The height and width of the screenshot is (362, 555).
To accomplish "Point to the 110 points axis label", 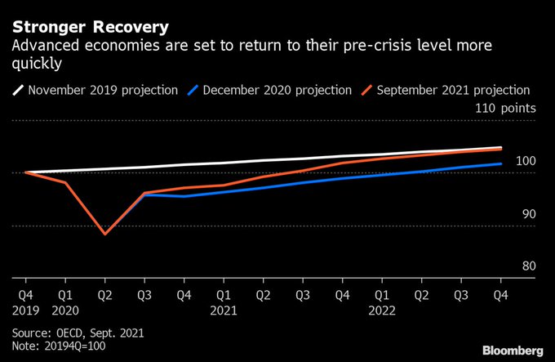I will (506, 108).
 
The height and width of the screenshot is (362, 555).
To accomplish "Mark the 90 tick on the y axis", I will (528, 213).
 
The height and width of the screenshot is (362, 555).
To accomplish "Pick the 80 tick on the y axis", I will (528, 266).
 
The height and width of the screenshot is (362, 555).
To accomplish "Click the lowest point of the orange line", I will (104, 234).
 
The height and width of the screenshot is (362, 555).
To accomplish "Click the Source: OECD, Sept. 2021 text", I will (79, 333).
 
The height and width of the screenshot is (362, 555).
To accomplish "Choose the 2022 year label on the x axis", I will (381, 310).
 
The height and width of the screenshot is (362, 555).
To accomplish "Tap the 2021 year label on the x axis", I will (223, 310).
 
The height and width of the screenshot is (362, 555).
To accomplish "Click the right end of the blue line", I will (501, 163).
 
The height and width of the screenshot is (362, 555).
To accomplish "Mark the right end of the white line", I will (501, 148).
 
